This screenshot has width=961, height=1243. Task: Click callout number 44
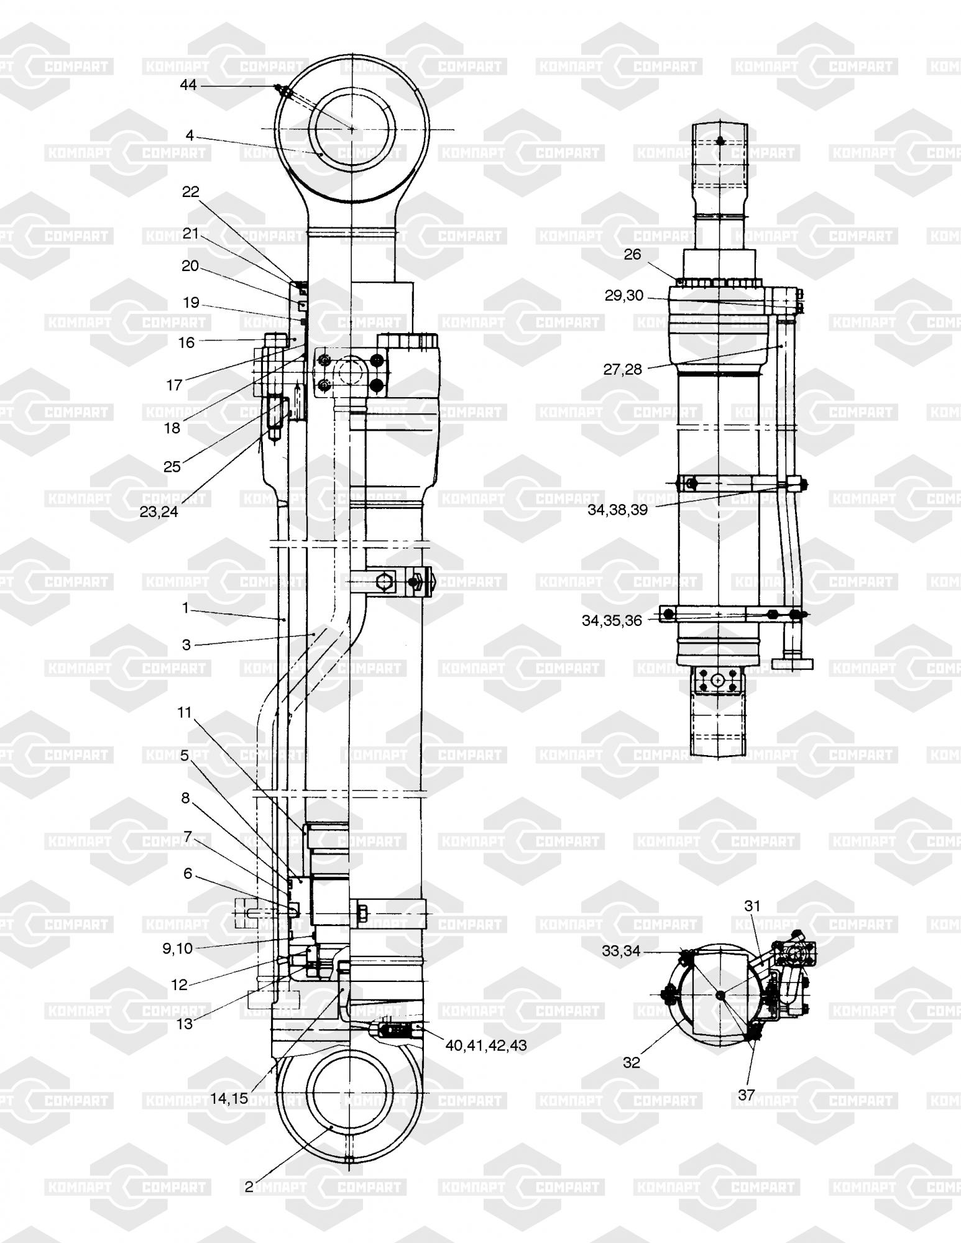pyautogui.click(x=188, y=85)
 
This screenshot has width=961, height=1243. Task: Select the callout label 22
pyautogui.click(x=191, y=192)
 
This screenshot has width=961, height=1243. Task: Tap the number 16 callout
pyautogui.click(x=186, y=342)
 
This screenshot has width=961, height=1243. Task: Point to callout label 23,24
pyautogui.click(x=159, y=512)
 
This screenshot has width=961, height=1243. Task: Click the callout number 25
pyautogui.click(x=172, y=467)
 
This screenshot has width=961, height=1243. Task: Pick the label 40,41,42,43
pyautogui.click(x=486, y=1045)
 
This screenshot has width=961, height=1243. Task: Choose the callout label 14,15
pyautogui.click(x=229, y=1098)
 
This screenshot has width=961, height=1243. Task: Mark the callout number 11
pyautogui.click(x=185, y=712)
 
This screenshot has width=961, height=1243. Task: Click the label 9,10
pyautogui.click(x=177, y=948)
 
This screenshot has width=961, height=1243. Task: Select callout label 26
pyautogui.click(x=632, y=255)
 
